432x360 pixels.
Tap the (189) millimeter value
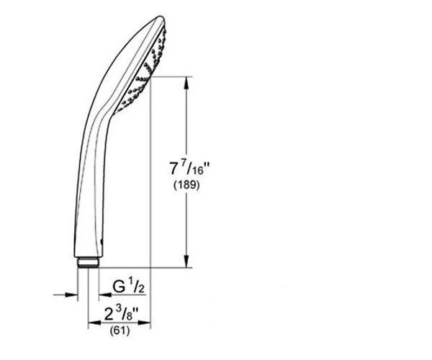coord(186,185)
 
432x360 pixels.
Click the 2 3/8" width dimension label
coord(121,314)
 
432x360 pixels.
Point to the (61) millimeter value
coord(120,330)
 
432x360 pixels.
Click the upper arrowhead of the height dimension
coord(186,82)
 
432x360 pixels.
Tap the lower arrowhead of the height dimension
coord(186,261)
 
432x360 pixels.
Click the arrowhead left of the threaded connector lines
coord(71,294)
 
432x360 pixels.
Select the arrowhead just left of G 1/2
coord(105,294)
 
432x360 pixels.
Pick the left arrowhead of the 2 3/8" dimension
coord(94,323)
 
